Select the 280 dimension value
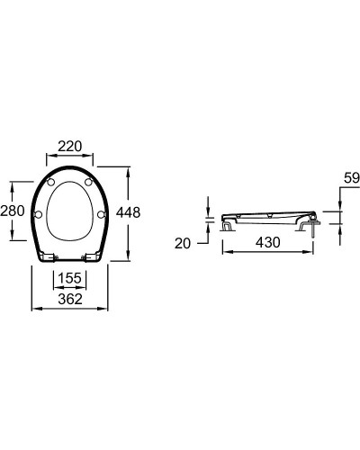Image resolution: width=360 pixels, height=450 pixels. click(x=12, y=211)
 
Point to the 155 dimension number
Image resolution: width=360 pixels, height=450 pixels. click(x=70, y=279)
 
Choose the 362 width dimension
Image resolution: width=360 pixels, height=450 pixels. click(x=70, y=298)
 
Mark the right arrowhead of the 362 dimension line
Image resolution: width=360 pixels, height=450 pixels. click(x=108, y=309)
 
